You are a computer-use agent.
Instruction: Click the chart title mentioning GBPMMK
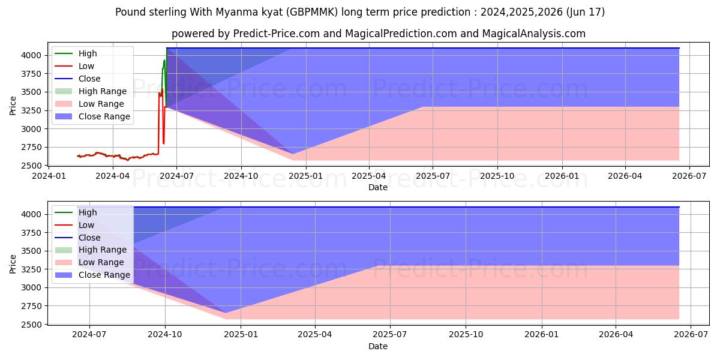point(360,12)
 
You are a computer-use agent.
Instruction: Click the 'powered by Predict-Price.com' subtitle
point(378,34)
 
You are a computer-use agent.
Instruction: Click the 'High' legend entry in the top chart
point(88,53)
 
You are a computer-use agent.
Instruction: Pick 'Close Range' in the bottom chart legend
point(104,275)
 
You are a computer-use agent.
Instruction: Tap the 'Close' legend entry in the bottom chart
point(89,238)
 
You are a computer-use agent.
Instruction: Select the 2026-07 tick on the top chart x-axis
point(689,176)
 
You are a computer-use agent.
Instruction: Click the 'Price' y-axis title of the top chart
point(13,106)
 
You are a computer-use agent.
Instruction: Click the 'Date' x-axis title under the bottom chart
point(378,346)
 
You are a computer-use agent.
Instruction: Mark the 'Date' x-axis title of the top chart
point(378,187)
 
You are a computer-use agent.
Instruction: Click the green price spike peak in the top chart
point(164,60)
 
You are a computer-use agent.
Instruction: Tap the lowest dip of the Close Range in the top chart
point(293,154)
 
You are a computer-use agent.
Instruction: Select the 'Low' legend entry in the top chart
point(86,66)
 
